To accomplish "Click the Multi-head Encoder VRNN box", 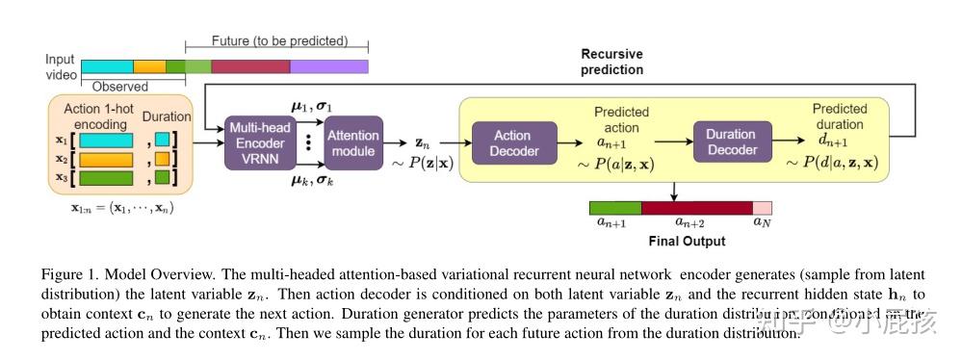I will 257,142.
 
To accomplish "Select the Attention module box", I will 352,143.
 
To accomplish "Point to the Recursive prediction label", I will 611,62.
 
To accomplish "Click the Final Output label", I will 686,241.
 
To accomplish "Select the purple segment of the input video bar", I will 328,66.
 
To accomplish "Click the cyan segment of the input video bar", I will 106,66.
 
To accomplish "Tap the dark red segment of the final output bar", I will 696,207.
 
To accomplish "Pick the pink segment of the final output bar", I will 762,207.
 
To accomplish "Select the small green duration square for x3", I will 162,178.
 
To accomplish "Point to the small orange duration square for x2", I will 162,159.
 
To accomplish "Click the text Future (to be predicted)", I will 279,41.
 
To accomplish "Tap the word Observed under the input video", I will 119,86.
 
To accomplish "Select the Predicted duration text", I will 839,116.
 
